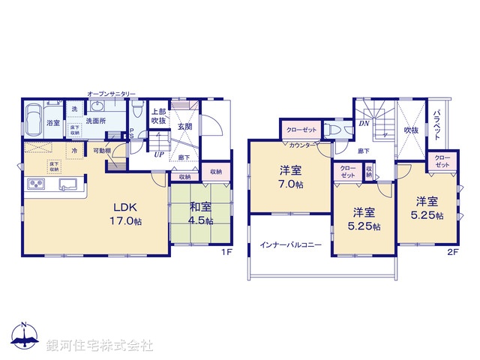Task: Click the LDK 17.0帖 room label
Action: click(127, 214)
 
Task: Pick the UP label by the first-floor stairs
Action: click(159, 154)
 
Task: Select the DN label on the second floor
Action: click(363, 124)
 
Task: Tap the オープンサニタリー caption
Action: click(112, 94)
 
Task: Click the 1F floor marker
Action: click(225, 253)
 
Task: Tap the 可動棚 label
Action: click(101, 151)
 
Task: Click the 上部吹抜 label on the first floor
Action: click(158, 115)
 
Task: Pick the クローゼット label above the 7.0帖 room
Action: click(301, 130)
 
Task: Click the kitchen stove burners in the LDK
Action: click(37, 184)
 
